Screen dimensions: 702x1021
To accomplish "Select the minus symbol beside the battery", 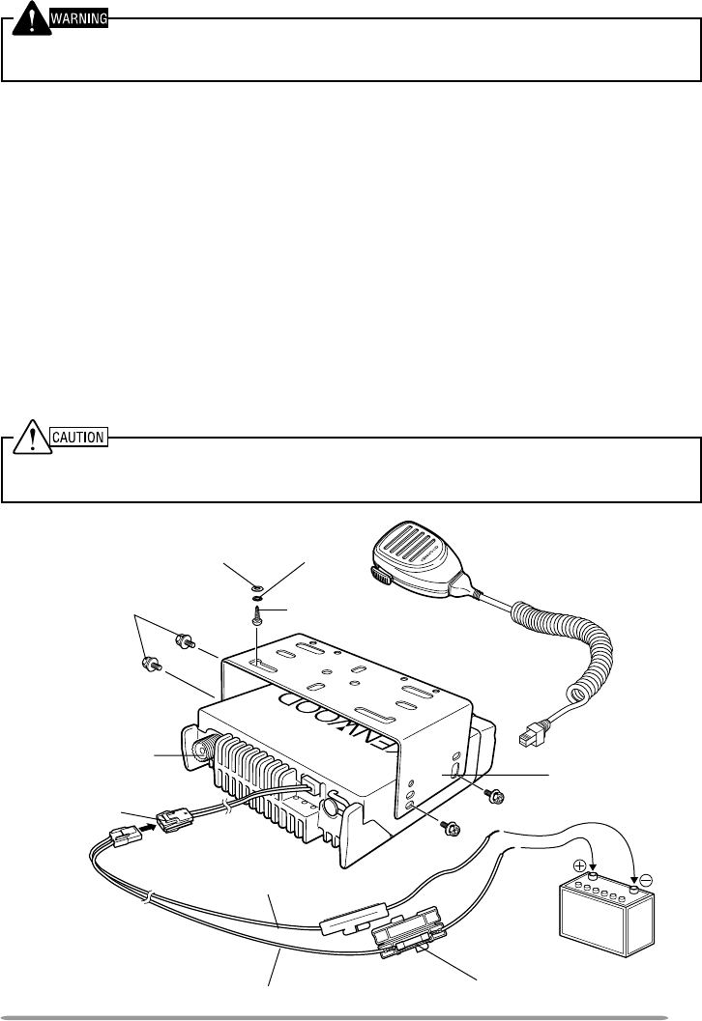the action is [646, 881].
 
